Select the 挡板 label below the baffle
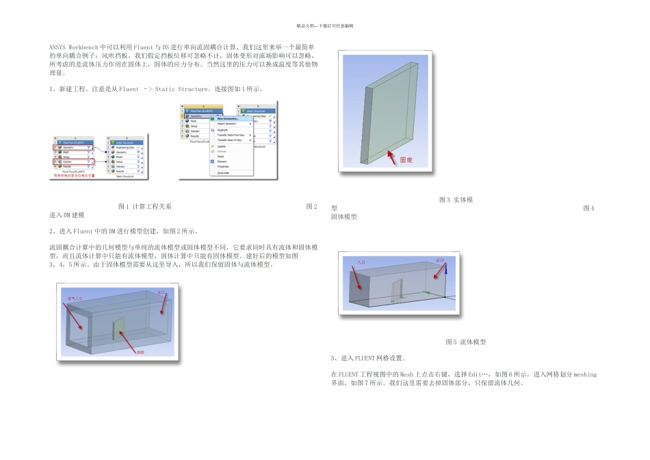coord(140,353)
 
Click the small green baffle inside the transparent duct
coord(118,329)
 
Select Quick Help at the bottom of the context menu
coord(224,173)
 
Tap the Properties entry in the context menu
coord(224,166)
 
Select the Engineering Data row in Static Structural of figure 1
coord(125,147)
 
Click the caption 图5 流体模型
coord(465,342)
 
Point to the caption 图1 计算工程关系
coord(145,206)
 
